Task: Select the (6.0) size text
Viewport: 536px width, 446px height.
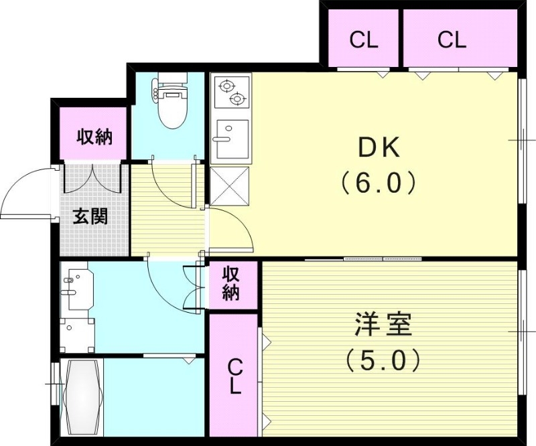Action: pos(379,182)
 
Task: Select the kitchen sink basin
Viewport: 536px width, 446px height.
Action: pos(230,137)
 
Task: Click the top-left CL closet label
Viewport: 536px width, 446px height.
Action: pos(364,40)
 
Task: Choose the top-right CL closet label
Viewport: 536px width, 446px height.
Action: pos(452,40)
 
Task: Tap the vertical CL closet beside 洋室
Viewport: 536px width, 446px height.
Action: pos(234,376)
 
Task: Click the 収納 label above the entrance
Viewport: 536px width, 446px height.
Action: pos(94,137)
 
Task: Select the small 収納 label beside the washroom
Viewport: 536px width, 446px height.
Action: pos(232,284)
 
